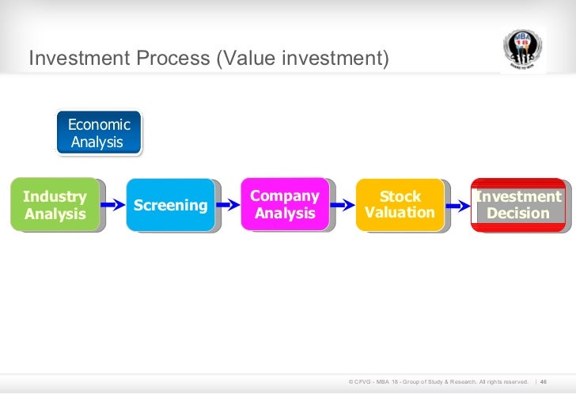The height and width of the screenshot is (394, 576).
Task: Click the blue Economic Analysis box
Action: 99,133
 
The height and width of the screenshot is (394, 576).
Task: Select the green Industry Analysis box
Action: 55,205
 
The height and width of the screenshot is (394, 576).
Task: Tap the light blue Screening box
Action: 171,205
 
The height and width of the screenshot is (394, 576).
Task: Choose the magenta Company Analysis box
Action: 285,204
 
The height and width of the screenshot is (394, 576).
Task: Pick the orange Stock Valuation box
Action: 400,204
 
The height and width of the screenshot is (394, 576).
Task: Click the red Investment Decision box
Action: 517,205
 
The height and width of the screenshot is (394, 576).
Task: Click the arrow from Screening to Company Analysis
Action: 228,205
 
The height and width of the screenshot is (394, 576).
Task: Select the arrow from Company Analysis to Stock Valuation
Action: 342,205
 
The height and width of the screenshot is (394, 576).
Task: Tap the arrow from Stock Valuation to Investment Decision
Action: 457,205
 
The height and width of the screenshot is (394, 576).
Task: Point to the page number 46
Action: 544,382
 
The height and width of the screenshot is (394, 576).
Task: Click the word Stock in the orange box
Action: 400,196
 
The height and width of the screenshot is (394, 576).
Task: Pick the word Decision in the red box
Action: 518,214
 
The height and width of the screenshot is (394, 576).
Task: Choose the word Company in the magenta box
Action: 285,195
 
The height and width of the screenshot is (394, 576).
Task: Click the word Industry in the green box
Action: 55,196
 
